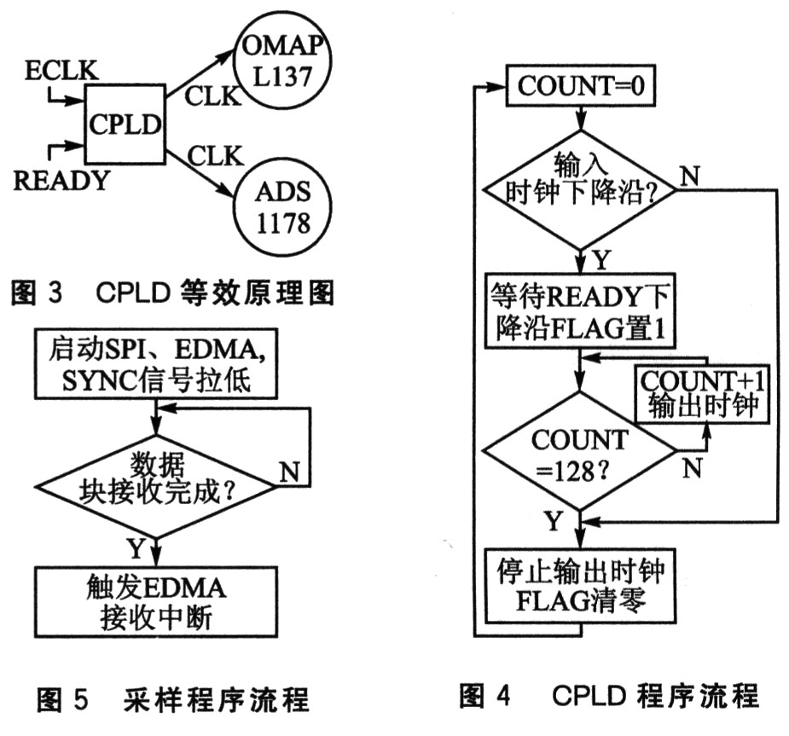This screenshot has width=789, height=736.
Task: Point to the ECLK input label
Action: pyautogui.click(x=61, y=71)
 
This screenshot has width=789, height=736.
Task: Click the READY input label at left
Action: pyautogui.click(x=61, y=180)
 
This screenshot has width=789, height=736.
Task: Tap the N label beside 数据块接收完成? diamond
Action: pyautogui.click(x=289, y=472)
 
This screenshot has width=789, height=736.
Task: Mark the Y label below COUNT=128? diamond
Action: pyautogui.click(x=554, y=521)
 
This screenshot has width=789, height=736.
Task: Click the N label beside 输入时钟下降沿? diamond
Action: pyautogui.click(x=689, y=176)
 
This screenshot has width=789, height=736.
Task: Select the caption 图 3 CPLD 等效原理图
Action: pyautogui.click(x=172, y=292)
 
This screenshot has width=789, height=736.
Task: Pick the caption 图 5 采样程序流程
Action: pyautogui.click(x=173, y=698)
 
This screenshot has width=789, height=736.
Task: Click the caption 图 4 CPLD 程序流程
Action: pyautogui.click(x=609, y=696)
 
